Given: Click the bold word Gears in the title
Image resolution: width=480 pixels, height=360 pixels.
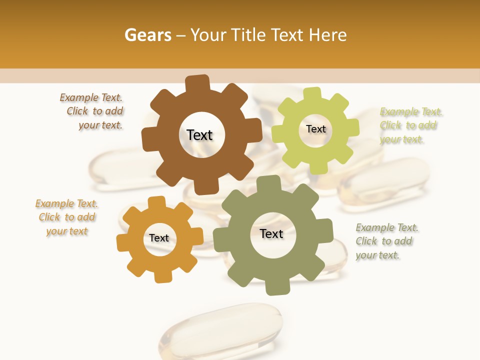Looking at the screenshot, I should (x=147, y=35).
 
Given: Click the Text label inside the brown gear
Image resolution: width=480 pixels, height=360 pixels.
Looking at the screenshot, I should (x=199, y=135).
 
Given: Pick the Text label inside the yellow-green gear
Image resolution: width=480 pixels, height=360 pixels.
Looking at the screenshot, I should (x=315, y=129).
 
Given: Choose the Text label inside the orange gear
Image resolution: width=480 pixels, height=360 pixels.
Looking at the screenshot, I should (x=159, y=238).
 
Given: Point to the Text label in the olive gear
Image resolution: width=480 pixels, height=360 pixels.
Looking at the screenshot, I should (x=271, y=233).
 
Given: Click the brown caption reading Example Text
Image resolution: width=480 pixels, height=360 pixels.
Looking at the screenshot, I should (x=91, y=97).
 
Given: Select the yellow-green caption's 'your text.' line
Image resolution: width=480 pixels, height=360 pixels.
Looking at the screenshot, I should (x=401, y=139).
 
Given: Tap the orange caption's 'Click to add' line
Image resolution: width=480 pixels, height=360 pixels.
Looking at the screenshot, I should (x=67, y=217).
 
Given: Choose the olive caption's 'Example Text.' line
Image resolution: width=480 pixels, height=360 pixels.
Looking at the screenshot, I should (x=387, y=227).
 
